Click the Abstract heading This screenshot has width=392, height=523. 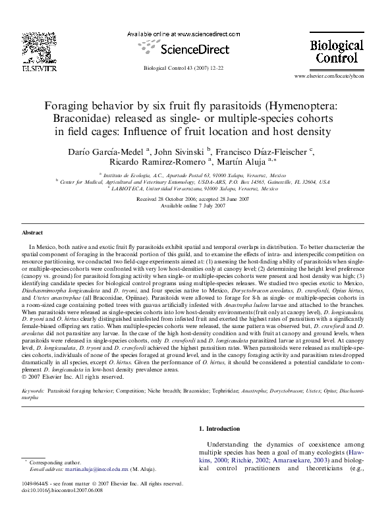[32, 233]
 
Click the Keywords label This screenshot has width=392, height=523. [33, 391]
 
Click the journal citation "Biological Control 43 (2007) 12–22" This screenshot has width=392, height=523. [184, 69]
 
